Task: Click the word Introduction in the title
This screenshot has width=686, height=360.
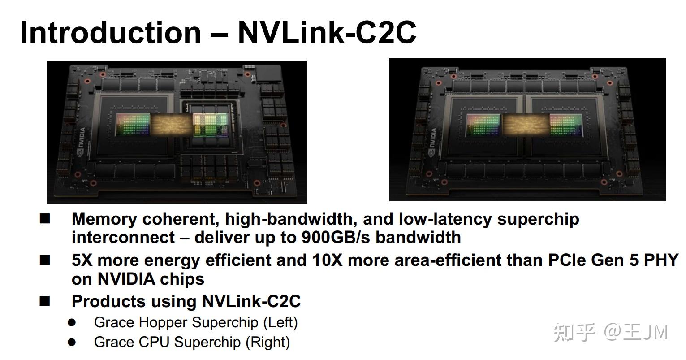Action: click(110, 32)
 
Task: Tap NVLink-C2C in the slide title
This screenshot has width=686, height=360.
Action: click(327, 32)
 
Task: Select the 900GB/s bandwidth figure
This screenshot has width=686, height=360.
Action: click(336, 237)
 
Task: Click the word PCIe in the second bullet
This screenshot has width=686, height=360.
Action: click(567, 260)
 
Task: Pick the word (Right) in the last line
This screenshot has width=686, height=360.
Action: click(267, 342)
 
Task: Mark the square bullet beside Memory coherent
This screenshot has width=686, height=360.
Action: click(45, 219)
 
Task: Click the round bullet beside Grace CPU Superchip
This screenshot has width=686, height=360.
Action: click(72, 342)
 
